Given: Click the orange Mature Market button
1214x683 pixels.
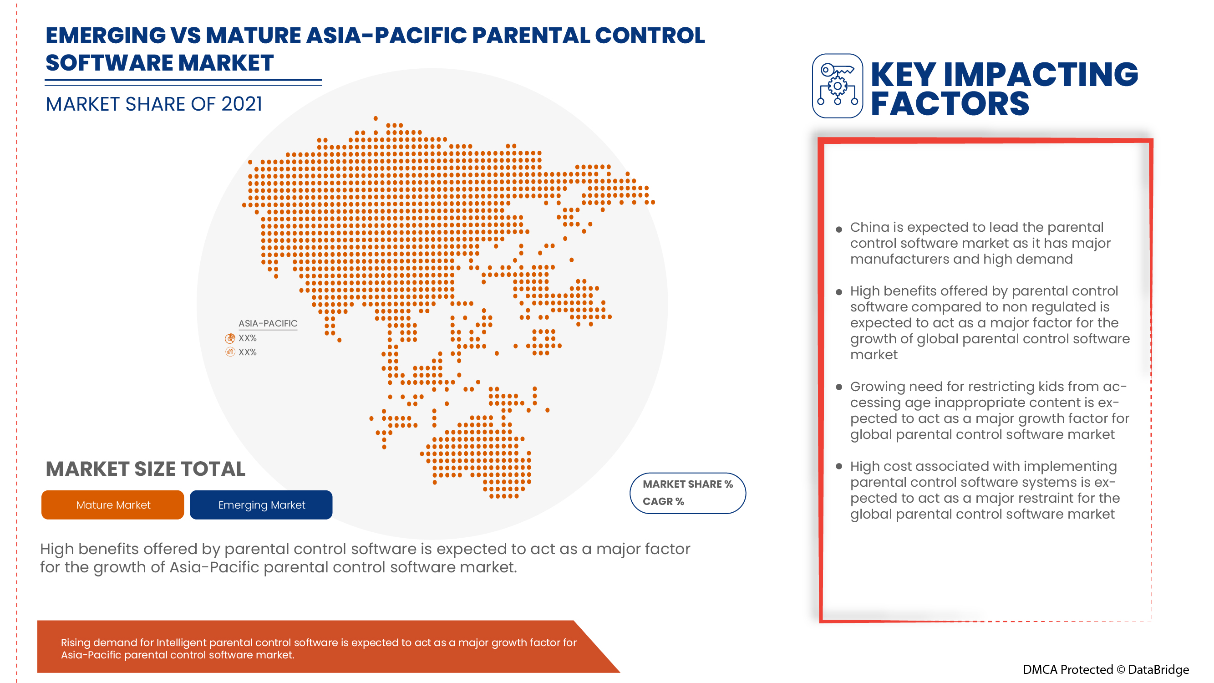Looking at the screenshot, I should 112,505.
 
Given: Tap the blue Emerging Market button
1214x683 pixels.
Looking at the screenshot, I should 261,505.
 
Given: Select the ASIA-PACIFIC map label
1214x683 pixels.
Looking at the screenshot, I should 268,323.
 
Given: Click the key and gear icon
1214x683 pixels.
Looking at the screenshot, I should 838,86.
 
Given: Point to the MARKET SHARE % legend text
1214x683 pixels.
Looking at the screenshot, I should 688,484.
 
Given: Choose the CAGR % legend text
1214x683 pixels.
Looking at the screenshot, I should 663,501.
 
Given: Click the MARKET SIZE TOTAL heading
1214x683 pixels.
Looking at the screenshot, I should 145,469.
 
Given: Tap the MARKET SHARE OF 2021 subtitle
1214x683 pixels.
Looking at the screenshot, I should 154,104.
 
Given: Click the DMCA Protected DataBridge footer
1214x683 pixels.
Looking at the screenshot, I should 1105,670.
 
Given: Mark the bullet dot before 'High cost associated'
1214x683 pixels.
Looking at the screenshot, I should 839,466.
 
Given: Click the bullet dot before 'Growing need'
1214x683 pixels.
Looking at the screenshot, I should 839,387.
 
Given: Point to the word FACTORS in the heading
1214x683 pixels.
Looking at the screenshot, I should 950,104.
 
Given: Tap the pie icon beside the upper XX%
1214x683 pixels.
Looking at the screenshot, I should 230,338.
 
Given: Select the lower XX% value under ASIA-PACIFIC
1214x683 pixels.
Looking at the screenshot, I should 248,352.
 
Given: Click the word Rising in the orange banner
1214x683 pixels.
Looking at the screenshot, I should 76,642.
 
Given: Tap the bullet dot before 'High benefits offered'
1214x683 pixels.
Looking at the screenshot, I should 839,292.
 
